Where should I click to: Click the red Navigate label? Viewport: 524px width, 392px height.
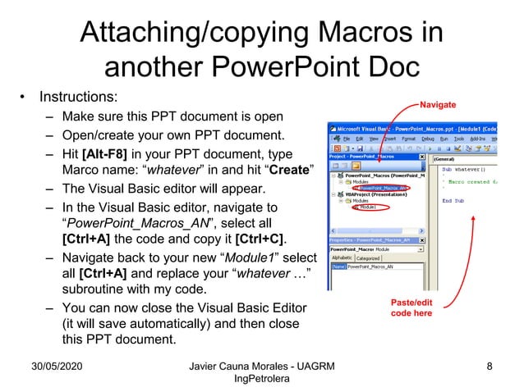(x=439, y=104)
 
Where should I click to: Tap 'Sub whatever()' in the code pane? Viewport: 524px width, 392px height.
(x=464, y=169)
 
